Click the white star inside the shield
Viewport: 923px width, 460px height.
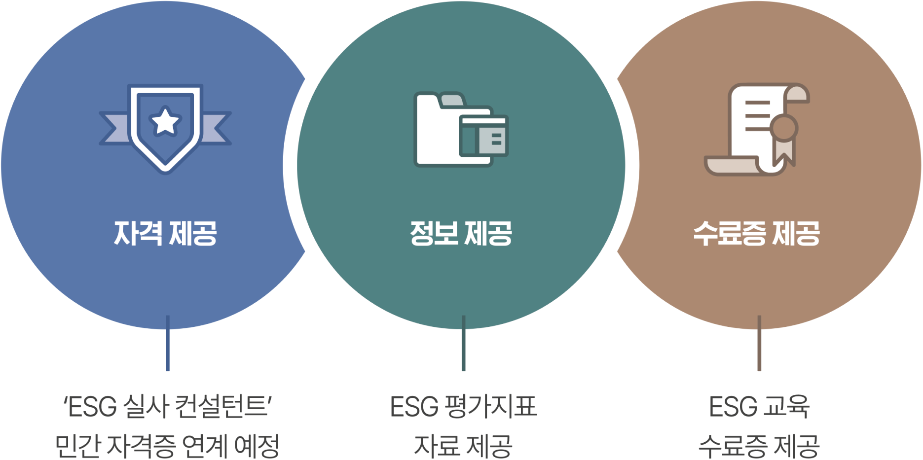click(x=165, y=121)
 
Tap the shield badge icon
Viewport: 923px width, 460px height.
click(x=165, y=129)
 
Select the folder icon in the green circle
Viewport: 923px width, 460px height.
click(x=461, y=129)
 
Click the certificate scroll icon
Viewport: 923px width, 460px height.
click(x=757, y=129)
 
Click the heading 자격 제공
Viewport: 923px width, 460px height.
click(x=165, y=233)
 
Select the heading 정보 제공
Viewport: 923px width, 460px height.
click(x=461, y=233)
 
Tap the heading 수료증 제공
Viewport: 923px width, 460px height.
click(x=757, y=233)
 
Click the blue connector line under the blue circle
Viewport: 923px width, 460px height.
click(x=168, y=343)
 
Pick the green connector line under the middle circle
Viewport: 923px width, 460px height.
click(x=463, y=343)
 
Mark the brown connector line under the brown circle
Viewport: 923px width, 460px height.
click(x=759, y=343)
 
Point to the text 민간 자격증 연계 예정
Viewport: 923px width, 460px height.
click(x=167, y=446)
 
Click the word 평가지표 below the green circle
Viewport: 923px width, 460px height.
click(x=490, y=407)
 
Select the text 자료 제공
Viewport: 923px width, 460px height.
click(x=463, y=446)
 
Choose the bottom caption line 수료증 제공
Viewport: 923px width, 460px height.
click(x=759, y=446)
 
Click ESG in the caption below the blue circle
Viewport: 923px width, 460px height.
click(x=92, y=407)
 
